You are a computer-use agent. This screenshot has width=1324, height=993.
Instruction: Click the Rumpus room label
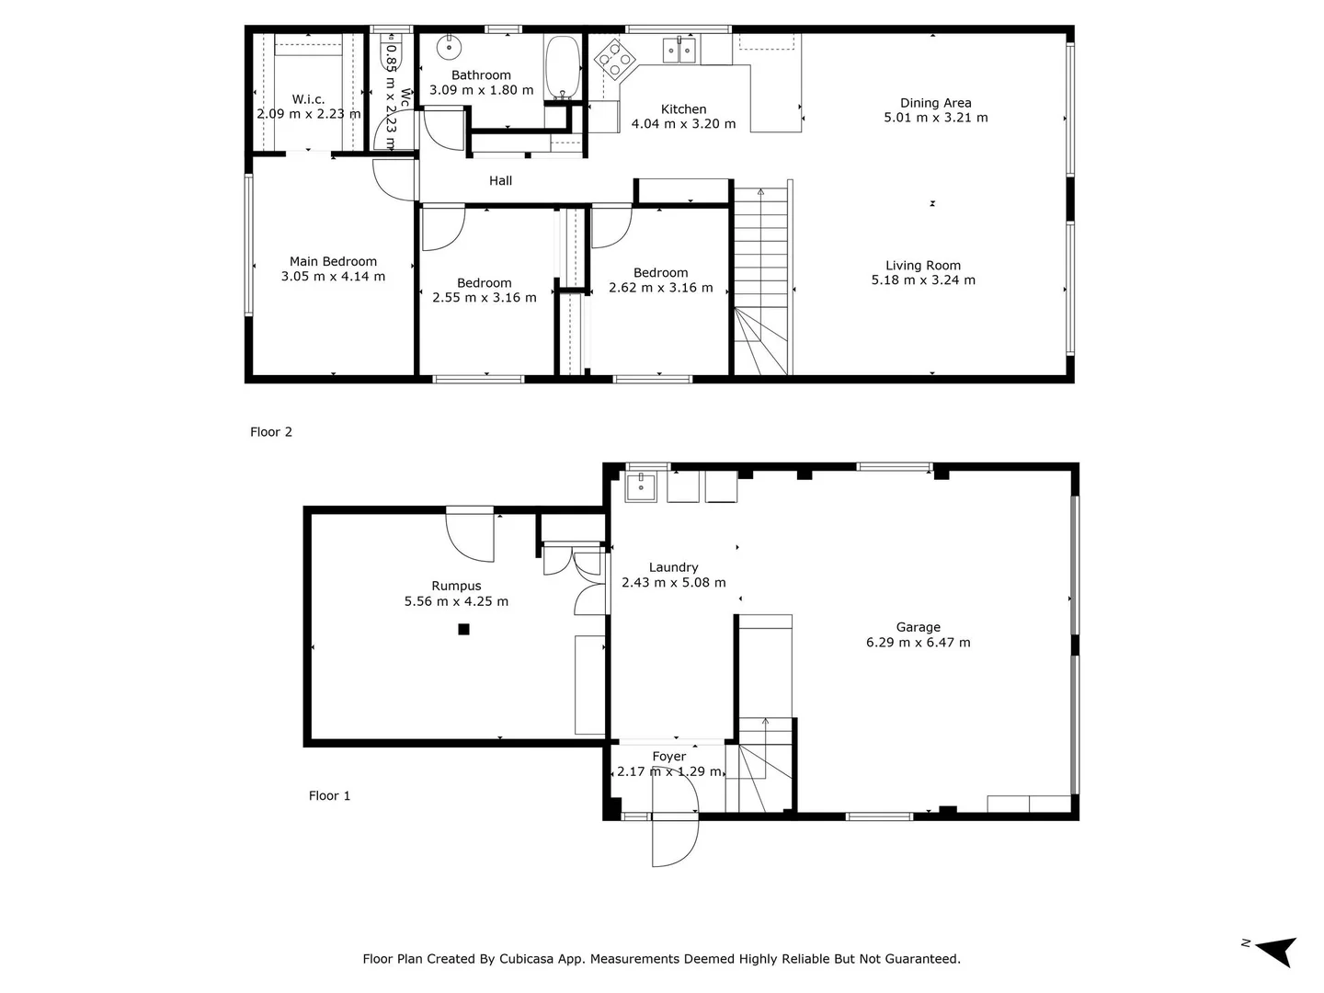click(456, 586)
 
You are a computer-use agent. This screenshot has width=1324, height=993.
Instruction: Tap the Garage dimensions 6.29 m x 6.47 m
click(918, 643)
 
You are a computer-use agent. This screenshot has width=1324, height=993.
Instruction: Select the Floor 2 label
click(271, 432)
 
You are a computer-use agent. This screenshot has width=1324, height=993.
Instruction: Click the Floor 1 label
click(329, 796)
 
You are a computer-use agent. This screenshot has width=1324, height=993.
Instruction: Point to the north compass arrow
click(1276, 950)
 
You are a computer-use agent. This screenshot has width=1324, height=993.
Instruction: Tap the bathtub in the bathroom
click(560, 67)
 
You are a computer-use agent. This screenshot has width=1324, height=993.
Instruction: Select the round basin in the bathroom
click(449, 45)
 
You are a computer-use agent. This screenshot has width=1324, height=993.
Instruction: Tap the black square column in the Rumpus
click(464, 629)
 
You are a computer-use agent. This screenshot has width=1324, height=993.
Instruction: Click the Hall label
click(500, 181)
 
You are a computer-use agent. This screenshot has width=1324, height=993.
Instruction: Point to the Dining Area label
click(935, 103)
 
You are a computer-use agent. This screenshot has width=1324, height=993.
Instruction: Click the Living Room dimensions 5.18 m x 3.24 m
click(923, 280)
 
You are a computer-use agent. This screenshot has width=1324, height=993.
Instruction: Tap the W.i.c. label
click(308, 99)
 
